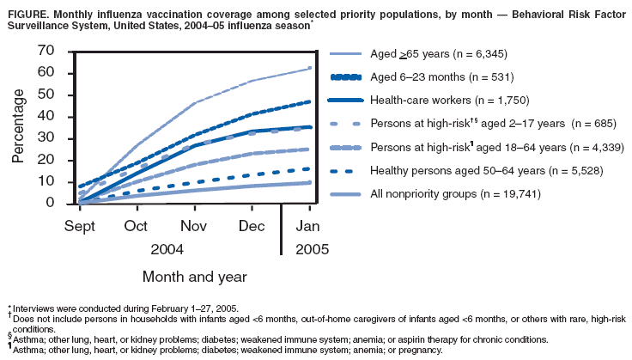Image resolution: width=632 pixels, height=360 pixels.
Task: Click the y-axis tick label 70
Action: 46,52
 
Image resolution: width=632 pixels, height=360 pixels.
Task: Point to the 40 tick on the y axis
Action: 46,117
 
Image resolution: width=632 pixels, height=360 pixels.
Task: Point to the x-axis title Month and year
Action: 195,277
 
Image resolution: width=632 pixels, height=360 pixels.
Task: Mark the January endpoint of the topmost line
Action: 310,68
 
